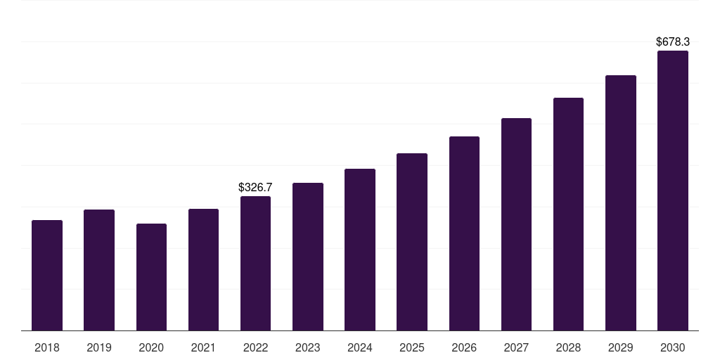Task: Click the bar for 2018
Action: [47, 276]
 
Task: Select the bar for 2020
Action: [151, 277]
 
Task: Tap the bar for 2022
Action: [255, 264]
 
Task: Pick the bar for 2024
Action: [360, 250]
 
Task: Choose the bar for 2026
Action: [464, 233]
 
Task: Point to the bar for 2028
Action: [568, 214]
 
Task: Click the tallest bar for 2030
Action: [673, 191]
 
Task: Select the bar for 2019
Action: [99, 270]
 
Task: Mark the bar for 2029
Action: [621, 203]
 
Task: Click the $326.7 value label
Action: [255, 188]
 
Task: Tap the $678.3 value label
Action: [673, 42]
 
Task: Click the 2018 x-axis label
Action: [47, 347]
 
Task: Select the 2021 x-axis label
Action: [203, 347]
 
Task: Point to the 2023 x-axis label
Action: [308, 347]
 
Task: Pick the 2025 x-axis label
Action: [412, 347]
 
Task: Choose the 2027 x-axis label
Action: [516, 347]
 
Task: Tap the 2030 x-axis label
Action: [673, 347]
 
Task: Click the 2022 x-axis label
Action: [255, 347]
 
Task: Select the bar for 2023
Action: [308, 257]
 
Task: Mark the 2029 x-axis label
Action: [621, 347]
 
